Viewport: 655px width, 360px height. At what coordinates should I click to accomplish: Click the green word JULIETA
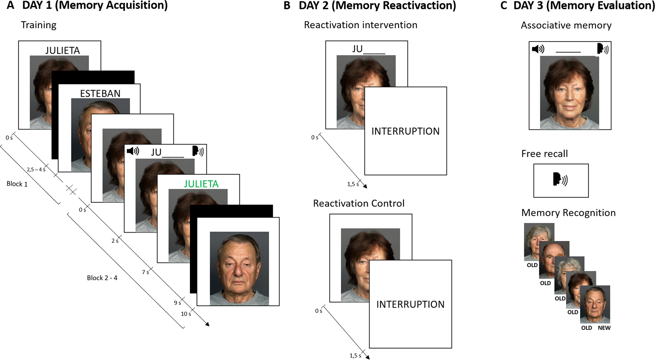click(x=201, y=184)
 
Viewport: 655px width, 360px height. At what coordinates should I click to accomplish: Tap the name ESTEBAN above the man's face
click(x=100, y=93)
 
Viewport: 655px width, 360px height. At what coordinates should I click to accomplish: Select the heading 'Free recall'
click(x=544, y=154)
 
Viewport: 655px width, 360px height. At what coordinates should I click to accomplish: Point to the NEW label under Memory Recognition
click(x=604, y=328)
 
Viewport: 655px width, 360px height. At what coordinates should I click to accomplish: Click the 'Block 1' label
click(x=17, y=184)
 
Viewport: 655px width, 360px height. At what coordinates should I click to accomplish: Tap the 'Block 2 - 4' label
click(x=102, y=278)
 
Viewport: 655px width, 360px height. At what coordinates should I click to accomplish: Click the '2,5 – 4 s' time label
click(x=36, y=169)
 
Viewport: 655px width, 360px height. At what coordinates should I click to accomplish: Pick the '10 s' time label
click(x=186, y=314)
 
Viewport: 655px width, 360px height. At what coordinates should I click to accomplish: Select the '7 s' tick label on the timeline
click(x=145, y=272)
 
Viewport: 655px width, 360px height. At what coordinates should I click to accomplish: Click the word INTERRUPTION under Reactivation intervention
click(x=406, y=131)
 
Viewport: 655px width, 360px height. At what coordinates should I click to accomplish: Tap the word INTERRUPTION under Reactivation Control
click(x=410, y=304)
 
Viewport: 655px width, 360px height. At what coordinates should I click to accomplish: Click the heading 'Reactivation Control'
click(x=359, y=203)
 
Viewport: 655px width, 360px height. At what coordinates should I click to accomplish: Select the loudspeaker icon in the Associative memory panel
click(x=538, y=49)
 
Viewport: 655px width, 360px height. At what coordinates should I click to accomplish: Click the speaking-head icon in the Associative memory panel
click(x=603, y=49)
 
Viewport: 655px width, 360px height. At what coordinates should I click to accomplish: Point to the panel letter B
click(x=287, y=5)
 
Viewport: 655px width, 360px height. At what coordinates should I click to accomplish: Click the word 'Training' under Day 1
click(x=39, y=25)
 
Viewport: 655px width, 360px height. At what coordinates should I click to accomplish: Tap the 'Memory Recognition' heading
click(x=568, y=213)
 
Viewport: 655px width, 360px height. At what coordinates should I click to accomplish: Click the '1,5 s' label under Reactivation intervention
click(x=353, y=184)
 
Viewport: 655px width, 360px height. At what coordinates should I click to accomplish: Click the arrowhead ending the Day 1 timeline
click(x=207, y=324)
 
